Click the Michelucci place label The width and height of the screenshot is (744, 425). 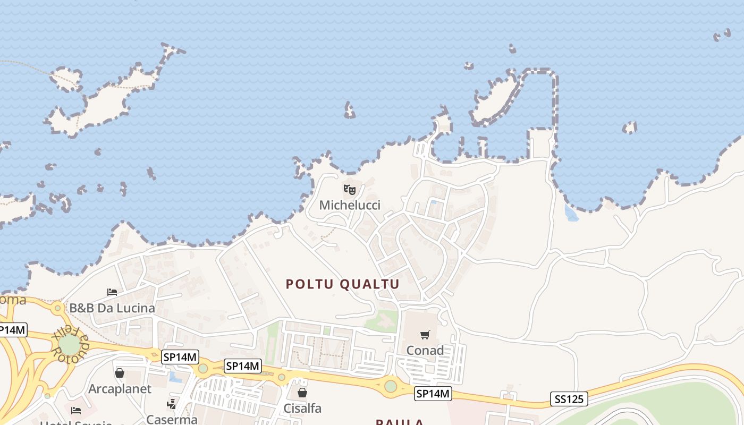[350, 205]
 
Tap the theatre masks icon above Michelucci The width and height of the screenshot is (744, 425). [349, 189]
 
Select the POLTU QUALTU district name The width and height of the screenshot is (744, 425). [343, 284]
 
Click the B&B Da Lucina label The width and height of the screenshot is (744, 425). [112, 308]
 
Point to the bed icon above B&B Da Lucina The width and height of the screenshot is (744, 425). [112, 292]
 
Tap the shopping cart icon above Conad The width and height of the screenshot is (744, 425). [425, 335]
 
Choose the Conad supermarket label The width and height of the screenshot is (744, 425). [425, 351]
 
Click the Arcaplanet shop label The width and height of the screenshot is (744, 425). [120, 389]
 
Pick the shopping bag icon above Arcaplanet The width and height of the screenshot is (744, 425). [120, 373]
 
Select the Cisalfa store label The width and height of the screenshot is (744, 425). [302, 409]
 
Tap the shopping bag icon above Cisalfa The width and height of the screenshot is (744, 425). [302, 393]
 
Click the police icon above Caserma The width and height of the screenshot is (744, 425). [171, 404]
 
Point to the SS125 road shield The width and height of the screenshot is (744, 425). [569, 399]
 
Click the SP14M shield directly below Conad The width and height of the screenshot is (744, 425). [433, 394]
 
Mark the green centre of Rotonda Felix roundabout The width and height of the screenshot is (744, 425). [69, 345]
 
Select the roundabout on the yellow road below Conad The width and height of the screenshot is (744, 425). [391, 386]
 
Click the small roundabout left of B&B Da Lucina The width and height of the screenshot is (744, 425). [57, 308]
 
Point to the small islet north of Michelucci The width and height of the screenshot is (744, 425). [349, 110]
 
